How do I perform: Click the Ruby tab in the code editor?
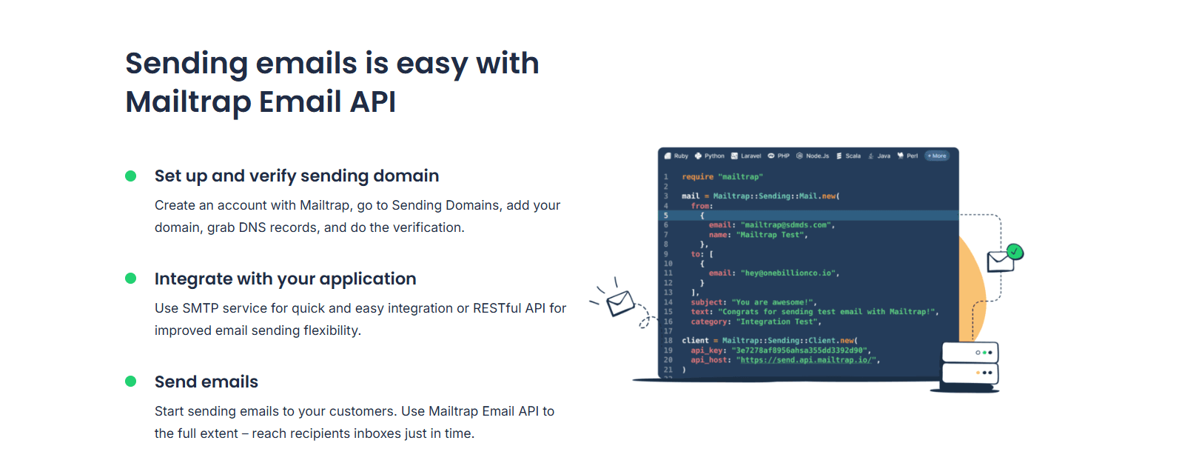tap(676, 156)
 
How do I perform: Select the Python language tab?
tap(710, 156)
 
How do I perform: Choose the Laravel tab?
tap(746, 156)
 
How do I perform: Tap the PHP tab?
tap(779, 156)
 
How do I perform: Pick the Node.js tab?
tap(813, 156)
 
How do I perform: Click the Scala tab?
tap(849, 156)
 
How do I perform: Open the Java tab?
tap(880, 156)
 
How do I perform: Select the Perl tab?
tap(908, 156)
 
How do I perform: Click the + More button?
tap(937, 156)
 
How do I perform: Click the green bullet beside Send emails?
tap(131, 382)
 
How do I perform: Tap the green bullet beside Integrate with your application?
tap(131, 279)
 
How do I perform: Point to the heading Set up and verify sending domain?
tap(297, 176)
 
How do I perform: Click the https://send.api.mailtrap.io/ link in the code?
tap(808, 360)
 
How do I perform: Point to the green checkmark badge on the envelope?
tap(1015, 252)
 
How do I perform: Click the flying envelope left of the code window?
tap(620, 302)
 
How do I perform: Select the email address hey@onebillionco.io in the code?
tap(789, 273)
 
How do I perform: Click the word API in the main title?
tap(372, 102)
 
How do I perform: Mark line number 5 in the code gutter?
tap(666, 216)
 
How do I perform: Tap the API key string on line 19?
tap(800, 350)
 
